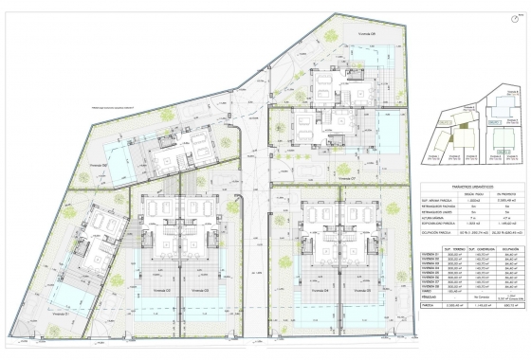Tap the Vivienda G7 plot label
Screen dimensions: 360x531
coord(344,175)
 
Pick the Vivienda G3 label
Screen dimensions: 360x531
coord(200,315)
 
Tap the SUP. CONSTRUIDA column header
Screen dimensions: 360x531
coord(466,249)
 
